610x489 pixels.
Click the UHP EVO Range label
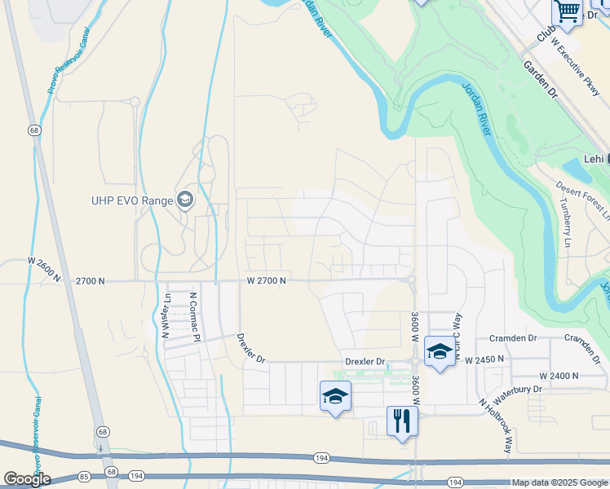(132, 200)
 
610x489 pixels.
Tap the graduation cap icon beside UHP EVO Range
(185, 200)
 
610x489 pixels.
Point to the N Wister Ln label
(166, 315)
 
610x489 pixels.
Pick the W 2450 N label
(485, 359)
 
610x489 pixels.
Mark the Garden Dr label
(539, 80)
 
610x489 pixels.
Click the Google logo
(27, 479)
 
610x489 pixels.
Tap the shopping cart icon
(568, 12)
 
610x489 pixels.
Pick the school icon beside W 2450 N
(440, 351)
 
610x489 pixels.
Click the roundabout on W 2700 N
(412, 280)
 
